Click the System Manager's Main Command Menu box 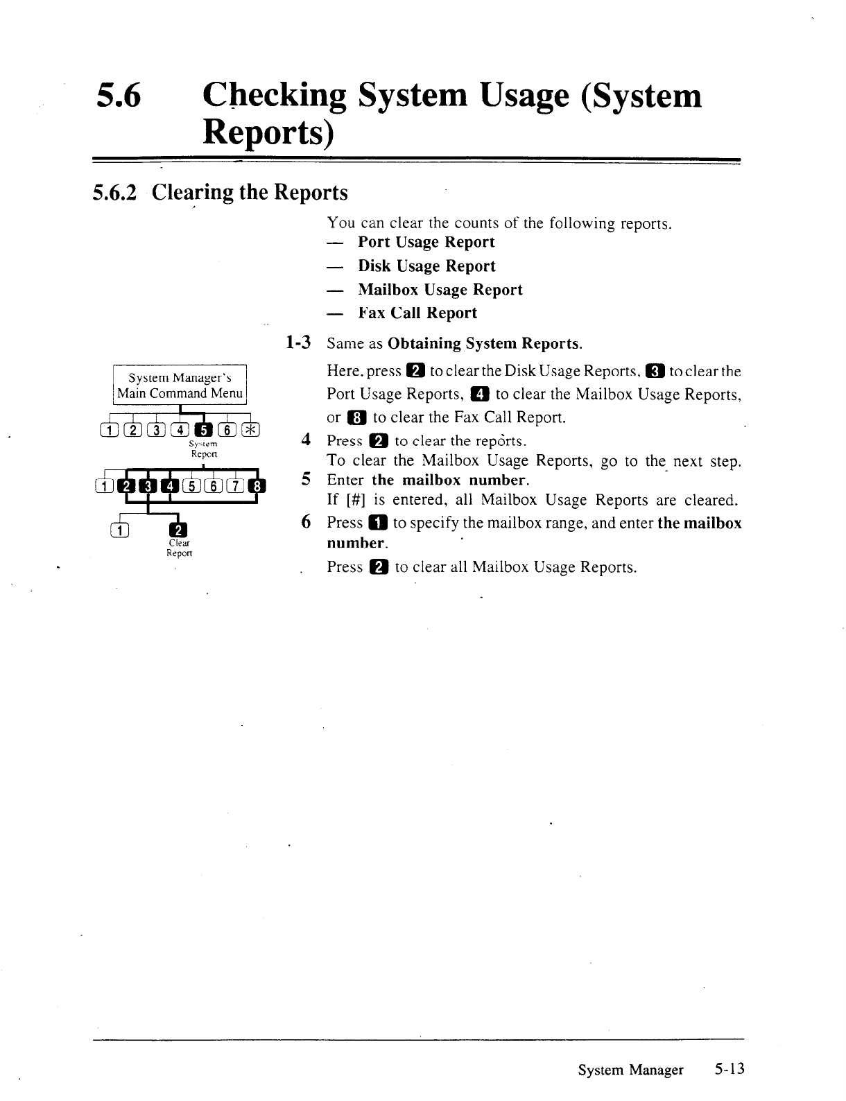pos(180,385)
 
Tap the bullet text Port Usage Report pos(426,242)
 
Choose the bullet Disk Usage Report pos(426,266)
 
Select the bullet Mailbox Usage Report pos(440,290)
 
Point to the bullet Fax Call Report pos(417,313)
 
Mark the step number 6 pos(306,522)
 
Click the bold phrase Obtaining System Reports pos(485,344)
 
